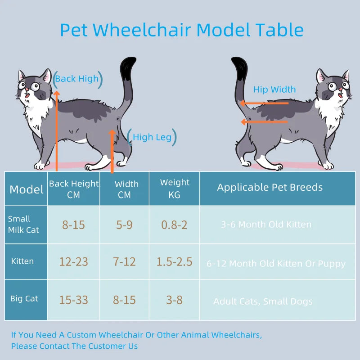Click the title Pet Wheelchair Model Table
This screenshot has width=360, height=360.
click(181, 30)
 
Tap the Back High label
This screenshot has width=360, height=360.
click(77, 79)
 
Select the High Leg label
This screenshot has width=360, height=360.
click(152, 138)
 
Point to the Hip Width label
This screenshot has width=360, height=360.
click(274, 90)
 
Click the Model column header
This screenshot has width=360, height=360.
click(27, 189)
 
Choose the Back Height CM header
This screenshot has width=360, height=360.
click(74, 189)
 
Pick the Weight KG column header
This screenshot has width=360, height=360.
click(175, 189)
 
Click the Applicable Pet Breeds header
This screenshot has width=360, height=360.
click(270, 188)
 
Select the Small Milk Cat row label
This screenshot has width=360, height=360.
click(23, 225)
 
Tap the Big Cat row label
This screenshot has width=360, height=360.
click(24, 299)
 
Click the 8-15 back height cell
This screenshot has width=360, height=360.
click(73, 225)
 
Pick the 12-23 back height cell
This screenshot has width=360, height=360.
click(73, 261)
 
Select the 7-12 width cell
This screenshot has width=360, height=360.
click(124, 261)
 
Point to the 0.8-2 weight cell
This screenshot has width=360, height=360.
click(174, 225)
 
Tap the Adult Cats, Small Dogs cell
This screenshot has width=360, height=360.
click(263, 301)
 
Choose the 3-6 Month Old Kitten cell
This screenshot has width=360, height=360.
click(266, 225)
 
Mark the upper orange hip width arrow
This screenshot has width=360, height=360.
click(264, 103)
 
